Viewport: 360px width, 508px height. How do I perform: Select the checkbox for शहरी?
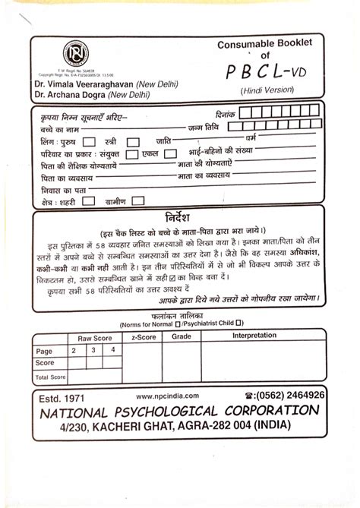[x=89, y=201]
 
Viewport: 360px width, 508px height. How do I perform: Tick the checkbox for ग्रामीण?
[x=138, y=201]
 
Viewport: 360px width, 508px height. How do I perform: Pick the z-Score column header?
[x=144, y=336]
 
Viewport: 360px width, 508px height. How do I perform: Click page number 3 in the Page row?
[x=93, y=350]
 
